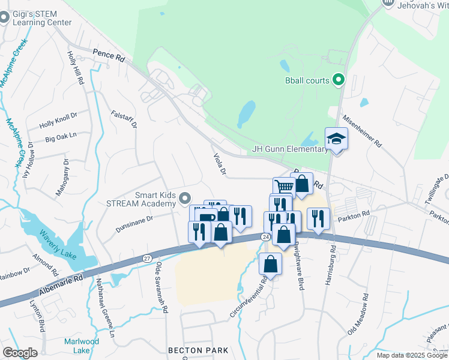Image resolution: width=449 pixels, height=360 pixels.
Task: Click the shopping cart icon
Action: pos(283,186)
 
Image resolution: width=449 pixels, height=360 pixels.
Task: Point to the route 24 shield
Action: pos(265,238)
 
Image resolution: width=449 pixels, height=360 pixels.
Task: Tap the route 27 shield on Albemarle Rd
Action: pos(147,257)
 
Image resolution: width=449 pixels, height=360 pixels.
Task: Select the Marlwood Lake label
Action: pos(77,346)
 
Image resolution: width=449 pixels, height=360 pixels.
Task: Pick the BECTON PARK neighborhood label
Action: pos(198,350)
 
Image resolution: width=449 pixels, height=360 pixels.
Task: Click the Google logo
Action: pos(20,353)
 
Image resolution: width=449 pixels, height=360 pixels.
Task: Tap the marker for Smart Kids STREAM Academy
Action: pos(185,198)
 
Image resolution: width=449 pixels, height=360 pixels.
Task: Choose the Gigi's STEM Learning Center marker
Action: pos(5,17)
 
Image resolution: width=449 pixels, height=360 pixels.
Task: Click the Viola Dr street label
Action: pos(219,164)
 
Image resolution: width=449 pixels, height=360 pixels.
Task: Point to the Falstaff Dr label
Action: pos(125,118)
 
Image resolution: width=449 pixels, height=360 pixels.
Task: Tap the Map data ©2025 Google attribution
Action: pos(412,355)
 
